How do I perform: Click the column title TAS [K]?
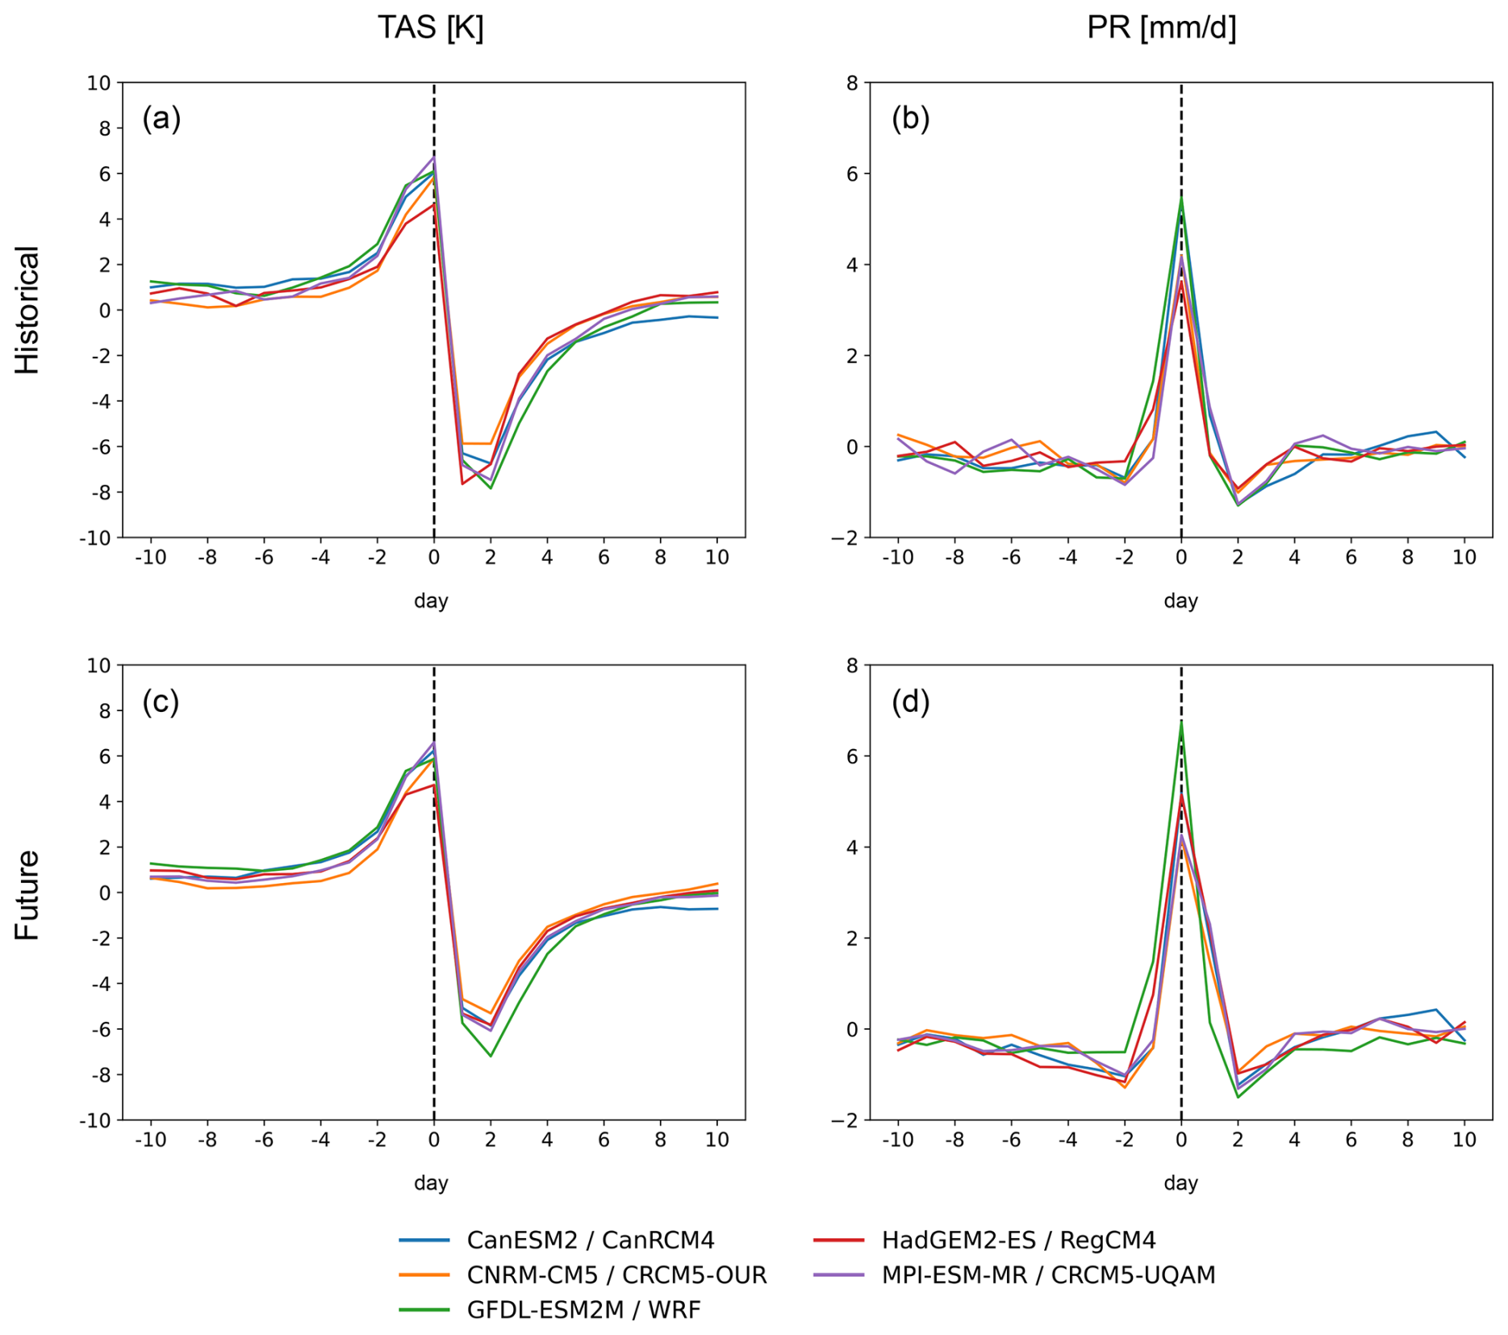pyautogui.click(x=430, y=28)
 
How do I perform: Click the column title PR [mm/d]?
pyautogui.click(x=1161, y=28)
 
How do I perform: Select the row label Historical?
pyautogui.click(x=27, y=310)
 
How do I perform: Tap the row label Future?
pyautogui.click(x=27, y=894)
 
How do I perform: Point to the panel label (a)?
pyautogui.click(x=161, y=119)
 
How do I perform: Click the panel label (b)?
pyautogui.click(x=910, y=119)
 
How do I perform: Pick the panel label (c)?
pyautogui.click(x=161, y=702)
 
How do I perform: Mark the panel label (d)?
pyautogui.click(x=910, y=702)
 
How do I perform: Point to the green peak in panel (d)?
pyautogui.click(x=1181, y=721)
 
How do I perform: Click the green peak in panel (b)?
pyautogui.click(x=1181, y=197)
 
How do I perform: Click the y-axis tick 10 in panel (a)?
pyautogui.click(x=99, y=83)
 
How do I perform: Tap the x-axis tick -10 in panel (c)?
pyautogui.click(x=150, y=1140)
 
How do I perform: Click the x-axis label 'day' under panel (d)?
pyautogui.click(x=1180, y=1183)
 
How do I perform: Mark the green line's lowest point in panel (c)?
pyautogui.click(x=491, y=1056)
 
